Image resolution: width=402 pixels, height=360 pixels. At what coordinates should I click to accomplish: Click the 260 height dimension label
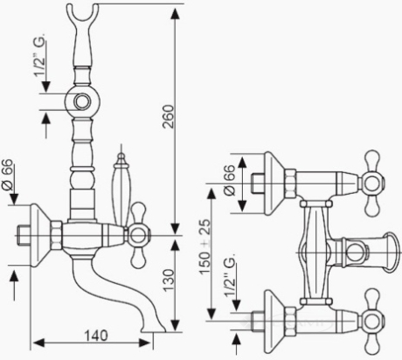click(x=169, y=116)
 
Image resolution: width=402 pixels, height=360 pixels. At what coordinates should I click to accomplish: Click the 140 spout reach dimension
click(x=96, y=336)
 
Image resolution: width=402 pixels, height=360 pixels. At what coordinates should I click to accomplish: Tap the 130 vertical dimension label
click(x=169, y=280)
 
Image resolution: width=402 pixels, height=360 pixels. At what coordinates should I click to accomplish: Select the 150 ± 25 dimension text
click(x=204, y=246)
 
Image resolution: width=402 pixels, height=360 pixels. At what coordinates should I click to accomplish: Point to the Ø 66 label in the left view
click(x=7, y=174)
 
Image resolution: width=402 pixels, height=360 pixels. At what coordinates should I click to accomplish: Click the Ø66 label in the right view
click(x=229, y=180)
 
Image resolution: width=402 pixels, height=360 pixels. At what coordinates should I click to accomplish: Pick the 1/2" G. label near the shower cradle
click(x=40, y=55)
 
